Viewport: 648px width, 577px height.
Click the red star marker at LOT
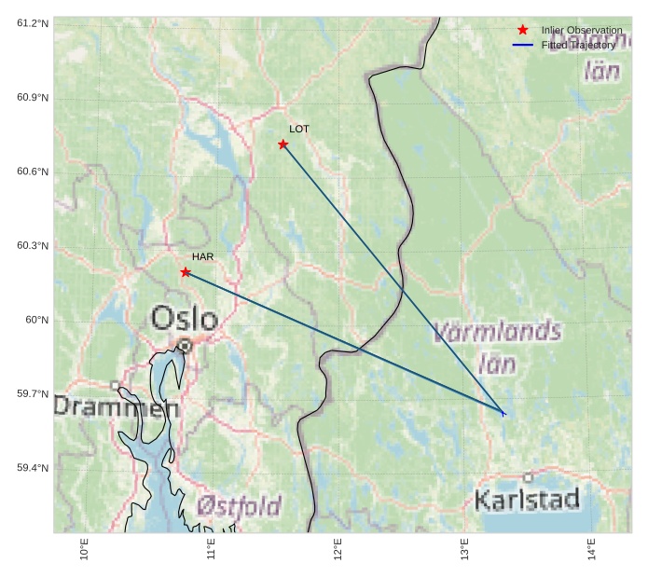point(283,144)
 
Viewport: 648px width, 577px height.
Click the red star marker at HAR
point(186,272)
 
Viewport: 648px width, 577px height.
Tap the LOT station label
point(298,129)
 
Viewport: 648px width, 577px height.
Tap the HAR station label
point(202,256)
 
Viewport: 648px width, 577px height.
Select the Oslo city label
point(185,319)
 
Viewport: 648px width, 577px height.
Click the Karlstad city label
point(527,500)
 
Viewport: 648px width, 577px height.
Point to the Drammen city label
point(116,407)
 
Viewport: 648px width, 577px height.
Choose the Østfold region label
point(239,506)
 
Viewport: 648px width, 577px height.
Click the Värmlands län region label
point(498,346)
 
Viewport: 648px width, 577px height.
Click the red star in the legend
point(522,30)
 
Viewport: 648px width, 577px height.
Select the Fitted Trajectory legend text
point(578,45)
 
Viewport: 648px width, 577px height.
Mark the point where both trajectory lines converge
point(503,413)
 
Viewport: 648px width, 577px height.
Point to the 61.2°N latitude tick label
point(33,22)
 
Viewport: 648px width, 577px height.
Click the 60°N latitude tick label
point(36,320)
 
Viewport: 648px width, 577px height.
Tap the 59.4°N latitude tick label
point(33,468)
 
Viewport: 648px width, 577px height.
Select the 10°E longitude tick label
point(84,549)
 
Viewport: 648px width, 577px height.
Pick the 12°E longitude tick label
point(338,549)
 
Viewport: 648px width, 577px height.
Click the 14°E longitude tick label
point(591,549)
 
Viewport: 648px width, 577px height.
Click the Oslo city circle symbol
point(185,346)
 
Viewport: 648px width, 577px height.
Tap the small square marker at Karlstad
point(528,477)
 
